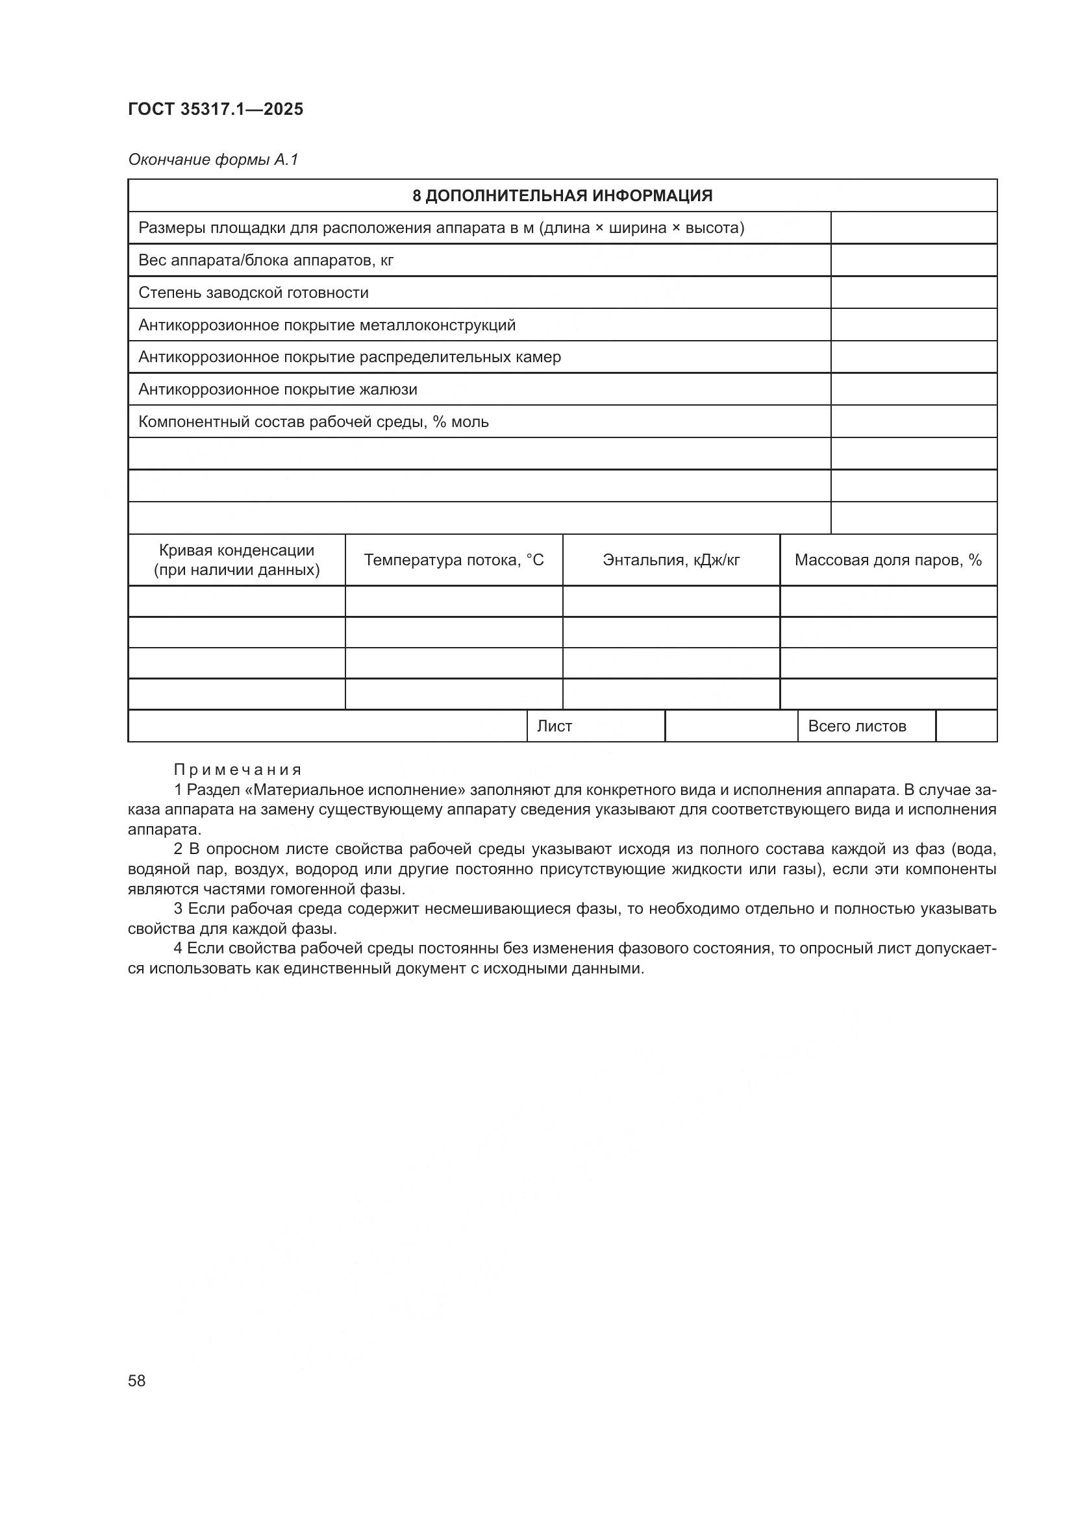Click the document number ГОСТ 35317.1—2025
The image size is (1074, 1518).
(216, 109)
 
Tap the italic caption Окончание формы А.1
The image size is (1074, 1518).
(213, 160)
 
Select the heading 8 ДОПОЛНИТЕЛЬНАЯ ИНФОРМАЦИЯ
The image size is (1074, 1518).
(562, 196)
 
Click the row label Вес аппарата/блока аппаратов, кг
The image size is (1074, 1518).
(266, 260)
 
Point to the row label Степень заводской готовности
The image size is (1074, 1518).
(253, 293)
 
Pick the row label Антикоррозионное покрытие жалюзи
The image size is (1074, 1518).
(278, 389)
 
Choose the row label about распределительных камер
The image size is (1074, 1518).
(349, 357)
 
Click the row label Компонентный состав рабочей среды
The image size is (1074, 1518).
(314, 422)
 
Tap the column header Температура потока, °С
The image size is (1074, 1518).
(454, 560)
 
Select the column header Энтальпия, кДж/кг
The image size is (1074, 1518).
(671, 560)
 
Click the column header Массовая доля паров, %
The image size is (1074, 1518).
(888, 560)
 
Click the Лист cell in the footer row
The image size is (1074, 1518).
(554, 726)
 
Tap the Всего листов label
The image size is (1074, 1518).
(857, 726)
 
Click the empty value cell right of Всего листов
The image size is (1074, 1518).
(966, 726)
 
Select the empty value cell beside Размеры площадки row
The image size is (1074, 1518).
(914, 228)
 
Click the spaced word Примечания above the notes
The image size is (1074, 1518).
(238, 770)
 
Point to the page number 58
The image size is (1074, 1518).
(137, 1380)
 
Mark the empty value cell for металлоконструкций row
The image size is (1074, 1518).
(914, 325)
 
